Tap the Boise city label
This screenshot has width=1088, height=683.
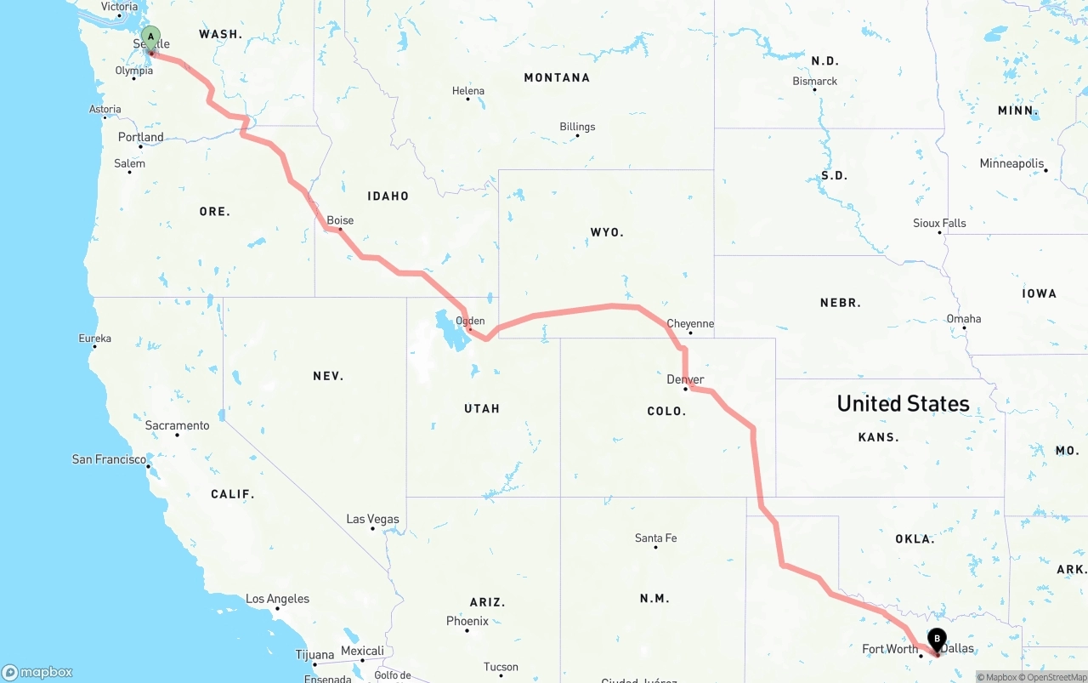340,220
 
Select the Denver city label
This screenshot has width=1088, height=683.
685,379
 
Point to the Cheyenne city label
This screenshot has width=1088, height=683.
690,324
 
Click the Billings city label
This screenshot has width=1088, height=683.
577,127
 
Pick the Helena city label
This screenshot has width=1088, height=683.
468,91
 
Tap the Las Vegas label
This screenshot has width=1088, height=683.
372,519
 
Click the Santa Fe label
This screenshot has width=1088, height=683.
655,538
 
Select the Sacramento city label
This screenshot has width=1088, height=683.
177,425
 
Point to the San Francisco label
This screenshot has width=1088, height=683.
109,459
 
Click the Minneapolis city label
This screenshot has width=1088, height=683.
1011,163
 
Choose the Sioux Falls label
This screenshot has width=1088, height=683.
939,223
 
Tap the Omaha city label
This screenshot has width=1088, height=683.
964,319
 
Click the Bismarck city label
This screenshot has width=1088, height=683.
815,82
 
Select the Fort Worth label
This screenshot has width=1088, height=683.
890,649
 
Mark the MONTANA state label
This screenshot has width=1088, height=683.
557,77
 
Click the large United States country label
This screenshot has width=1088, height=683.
903,403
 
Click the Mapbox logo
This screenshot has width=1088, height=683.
37,673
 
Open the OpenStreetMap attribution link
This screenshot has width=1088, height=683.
1057,677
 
